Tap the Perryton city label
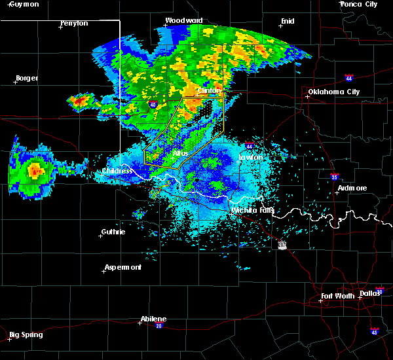(x=74, y=24)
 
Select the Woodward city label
(x=183, y=20)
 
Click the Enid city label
(x=287, y=21)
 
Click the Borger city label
(x=26, y=78)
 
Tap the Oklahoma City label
(x=334, y=92)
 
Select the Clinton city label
(x=210, y=91)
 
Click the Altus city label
(x=180, y=153)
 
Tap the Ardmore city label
(x=352, y=188)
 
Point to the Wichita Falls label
(x=252, y=210)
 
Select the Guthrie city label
(x=113, y=232)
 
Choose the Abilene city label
(x=153, y=319)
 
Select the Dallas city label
(x=370, y=293)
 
